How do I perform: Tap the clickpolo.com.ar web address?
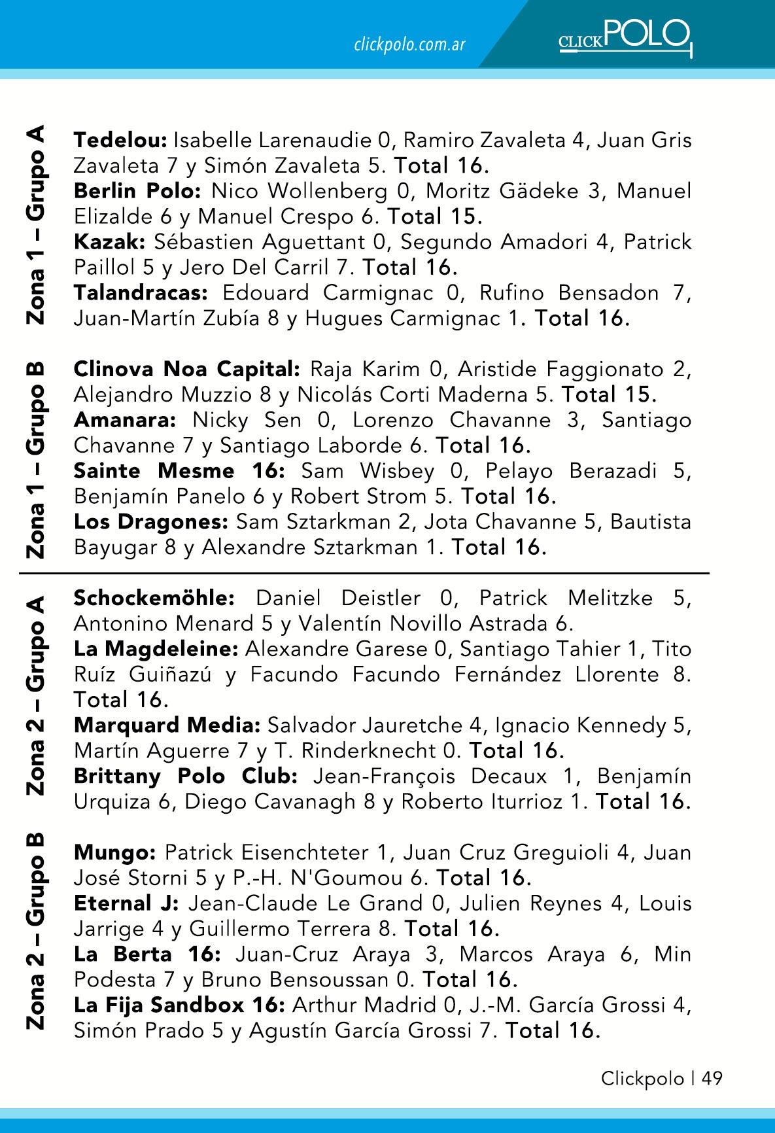pyautogui.click(x=409, y=44)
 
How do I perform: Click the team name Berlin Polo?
pyautogui.click(x=139, y=191)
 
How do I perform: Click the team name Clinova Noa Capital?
pyautogui.click(x=186, y=370)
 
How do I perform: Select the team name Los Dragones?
pyautogui.click(x=150, y=522)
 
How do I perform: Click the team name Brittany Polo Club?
pyautogui.click(x=186, y=776)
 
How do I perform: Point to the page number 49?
pyautogui.click(x=712, y=1079)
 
